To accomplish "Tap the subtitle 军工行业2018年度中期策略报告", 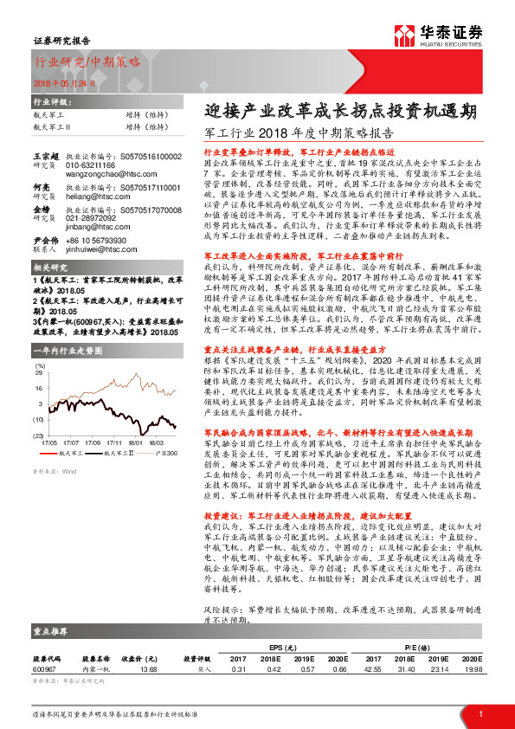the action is tap(299, 134).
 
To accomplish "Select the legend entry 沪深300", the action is tap(167, 452).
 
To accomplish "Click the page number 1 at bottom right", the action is tap(480, 713).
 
